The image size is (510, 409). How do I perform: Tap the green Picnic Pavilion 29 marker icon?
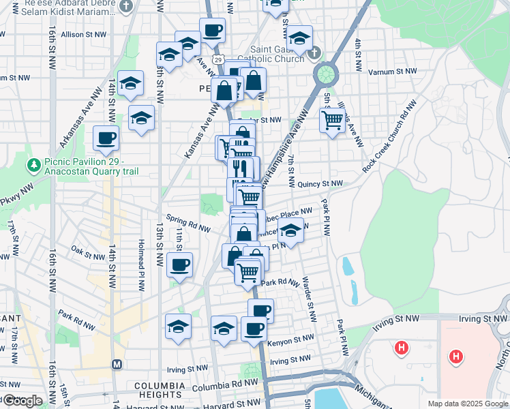click(33, 165)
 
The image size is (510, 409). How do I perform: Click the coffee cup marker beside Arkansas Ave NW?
click(106, 138)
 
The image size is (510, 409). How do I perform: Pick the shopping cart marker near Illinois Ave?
click(332, 120)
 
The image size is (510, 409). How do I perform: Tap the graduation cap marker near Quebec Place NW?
click(290, 230)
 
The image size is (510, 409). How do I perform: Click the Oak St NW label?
click(86, 252)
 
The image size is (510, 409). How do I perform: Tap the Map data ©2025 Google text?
click(468, 404)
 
